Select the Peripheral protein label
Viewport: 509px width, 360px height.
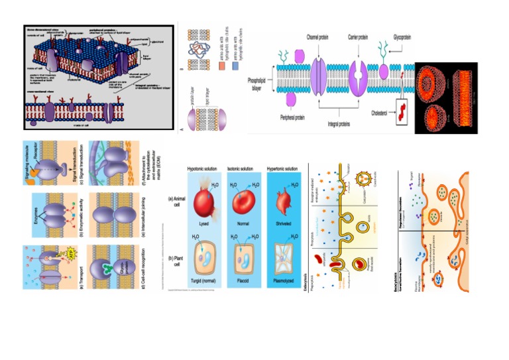tap(293, 120)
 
